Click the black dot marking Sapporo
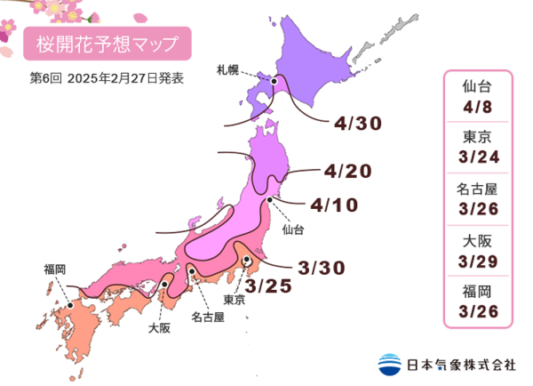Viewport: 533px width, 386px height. [x=275, y=81]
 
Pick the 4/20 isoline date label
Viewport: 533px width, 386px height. [x=347, y=170]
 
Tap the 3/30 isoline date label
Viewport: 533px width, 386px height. [x=322, y=267]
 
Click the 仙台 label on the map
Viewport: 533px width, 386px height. [x=292, y=229]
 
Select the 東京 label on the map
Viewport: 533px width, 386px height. [x=235, y=299]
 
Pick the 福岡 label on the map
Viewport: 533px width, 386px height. [x=54, y=268]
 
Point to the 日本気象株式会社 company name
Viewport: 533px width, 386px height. [x=462, y=363]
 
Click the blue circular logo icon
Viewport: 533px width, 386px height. [x=390, y=363]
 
